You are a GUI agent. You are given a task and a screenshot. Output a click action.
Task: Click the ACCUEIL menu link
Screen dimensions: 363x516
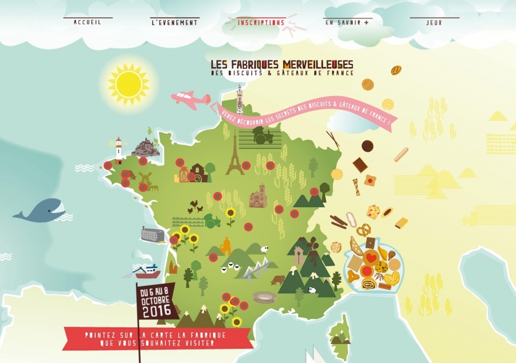point(88,23)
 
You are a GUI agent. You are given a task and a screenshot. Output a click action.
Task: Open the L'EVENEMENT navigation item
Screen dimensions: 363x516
point(174,23)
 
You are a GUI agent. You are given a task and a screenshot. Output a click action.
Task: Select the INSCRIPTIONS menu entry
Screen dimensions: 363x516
point(261,23)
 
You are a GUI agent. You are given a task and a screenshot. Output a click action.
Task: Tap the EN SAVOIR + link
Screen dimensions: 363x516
point(347,23)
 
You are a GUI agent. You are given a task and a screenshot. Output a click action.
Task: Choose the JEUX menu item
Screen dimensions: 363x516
point(434,23)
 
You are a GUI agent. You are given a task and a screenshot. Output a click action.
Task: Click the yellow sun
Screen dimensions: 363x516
point(128,84)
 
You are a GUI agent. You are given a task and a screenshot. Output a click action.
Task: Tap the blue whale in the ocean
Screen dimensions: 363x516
point(40,210)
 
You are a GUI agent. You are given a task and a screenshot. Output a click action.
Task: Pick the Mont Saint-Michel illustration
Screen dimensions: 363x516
point(146,148)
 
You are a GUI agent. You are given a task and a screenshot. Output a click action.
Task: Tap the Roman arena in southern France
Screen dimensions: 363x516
point(265,297)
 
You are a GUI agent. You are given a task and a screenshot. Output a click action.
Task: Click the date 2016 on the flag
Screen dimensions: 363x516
point(156,312)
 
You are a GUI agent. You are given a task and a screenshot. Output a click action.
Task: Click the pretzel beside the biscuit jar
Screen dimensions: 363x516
point(363,230)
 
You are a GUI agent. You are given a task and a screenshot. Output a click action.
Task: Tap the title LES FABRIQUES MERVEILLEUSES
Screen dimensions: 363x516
point(282,65)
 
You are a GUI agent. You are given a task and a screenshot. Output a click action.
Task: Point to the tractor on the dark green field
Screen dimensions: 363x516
point(263,135)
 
